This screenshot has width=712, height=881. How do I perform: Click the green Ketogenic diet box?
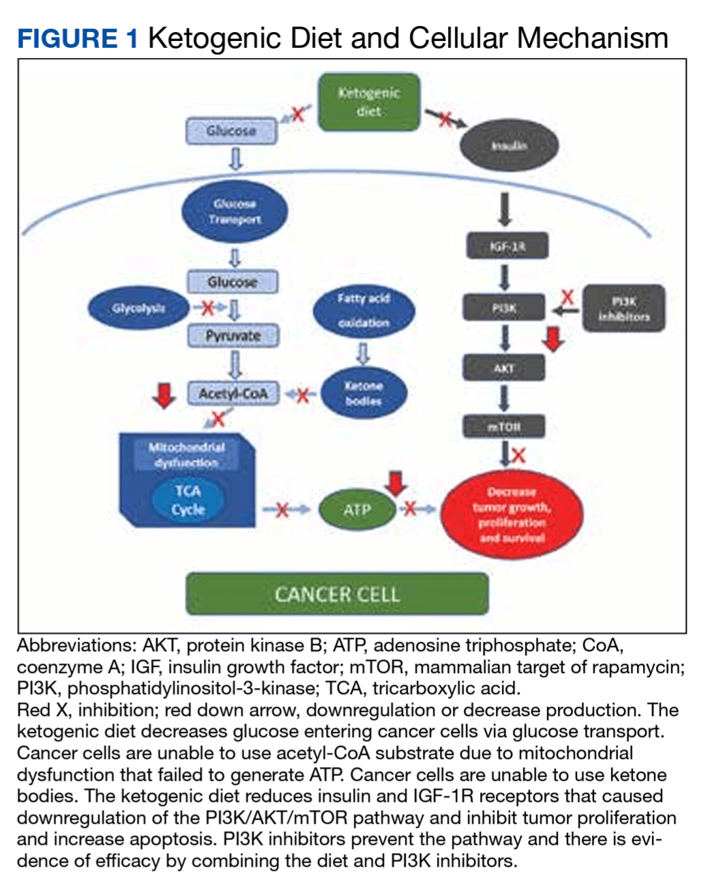tap(369, 102)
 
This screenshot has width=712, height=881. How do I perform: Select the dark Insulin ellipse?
tap(509, 145)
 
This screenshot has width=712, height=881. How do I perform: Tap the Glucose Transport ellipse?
tap(235, 211)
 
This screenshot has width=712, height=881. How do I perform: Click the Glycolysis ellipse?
tap(138, 308)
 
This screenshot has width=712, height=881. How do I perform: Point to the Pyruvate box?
tap(233, 336)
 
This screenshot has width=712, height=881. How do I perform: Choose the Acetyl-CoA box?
tap(233, 393)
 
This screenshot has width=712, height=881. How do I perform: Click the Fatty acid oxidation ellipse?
tap(364, 310)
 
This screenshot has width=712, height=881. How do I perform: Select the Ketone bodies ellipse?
tap(364, 393)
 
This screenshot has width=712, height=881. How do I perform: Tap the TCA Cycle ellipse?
tap(188, 501)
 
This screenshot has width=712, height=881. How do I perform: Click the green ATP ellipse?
tap(357, 509)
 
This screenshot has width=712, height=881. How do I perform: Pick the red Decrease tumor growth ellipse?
tap(511, 515)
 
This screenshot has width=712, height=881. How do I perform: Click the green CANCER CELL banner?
tap(337, 594)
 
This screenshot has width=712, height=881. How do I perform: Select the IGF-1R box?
tap(506, 246)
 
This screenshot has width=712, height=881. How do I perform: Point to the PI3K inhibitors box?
tap(623, 309)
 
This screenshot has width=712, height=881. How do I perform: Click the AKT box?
tap(504, 368)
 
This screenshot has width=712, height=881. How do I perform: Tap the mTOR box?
tap(504, 427)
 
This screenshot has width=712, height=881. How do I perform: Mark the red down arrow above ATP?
tap(396, 483)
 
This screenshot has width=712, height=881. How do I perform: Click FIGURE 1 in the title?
tap(77, 38)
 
